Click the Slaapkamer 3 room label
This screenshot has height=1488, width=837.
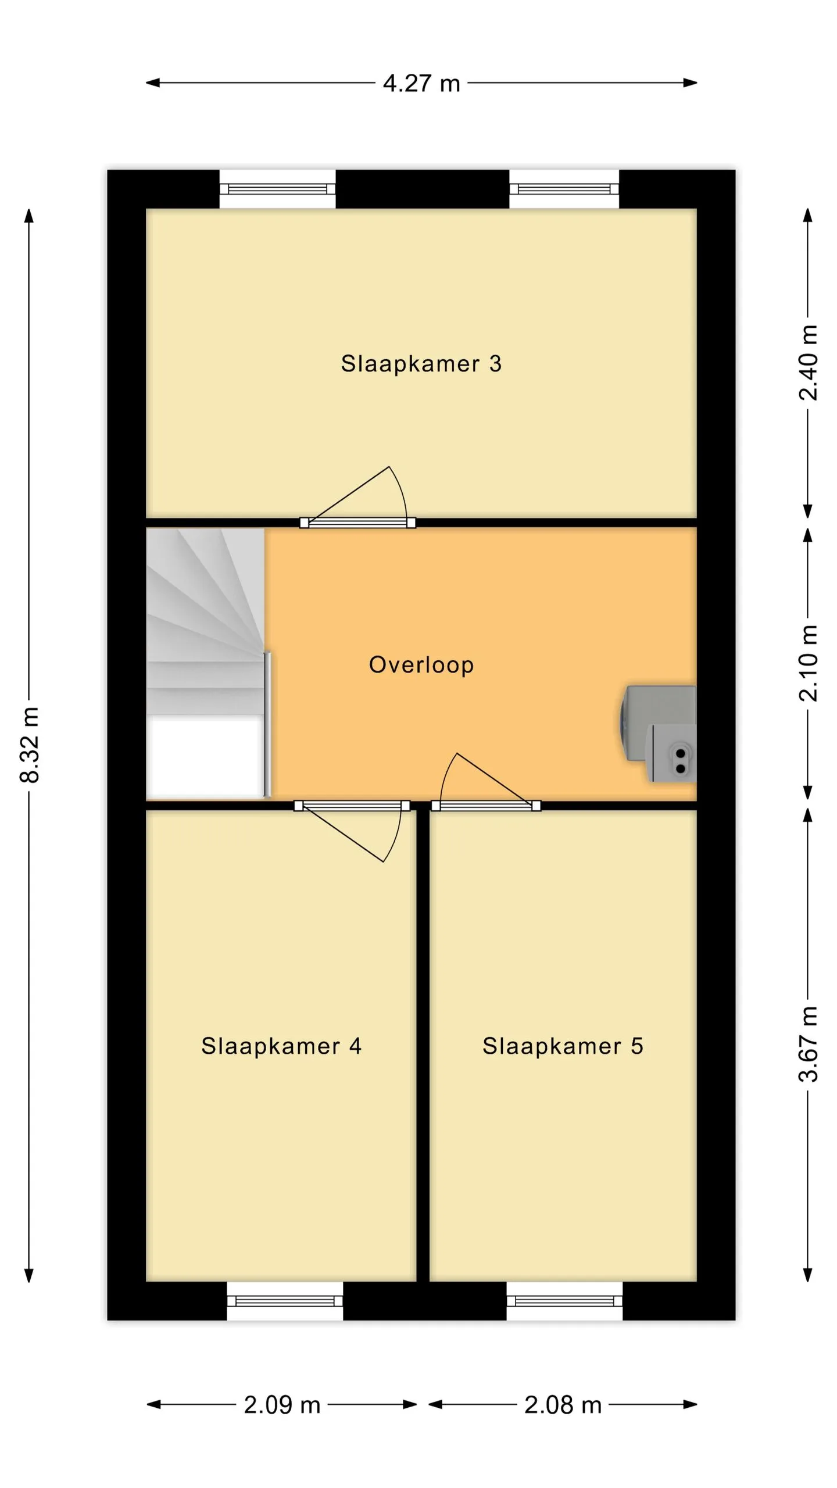click(x=421, y=364)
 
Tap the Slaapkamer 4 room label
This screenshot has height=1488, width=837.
click(x=281, y=1046)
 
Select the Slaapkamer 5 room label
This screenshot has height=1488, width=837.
click(x=563, y=1046)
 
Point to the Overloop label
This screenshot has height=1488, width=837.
click(x=421, y=665)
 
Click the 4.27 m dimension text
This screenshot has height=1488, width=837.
click(x=421, y=83)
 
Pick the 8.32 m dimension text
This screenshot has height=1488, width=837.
click(x=30, y=745)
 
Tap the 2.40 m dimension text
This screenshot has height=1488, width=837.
click(x=808, y=363)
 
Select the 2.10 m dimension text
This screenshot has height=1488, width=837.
click(x=808, y=664)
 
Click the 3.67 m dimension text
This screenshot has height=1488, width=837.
click(x=808, y=1044)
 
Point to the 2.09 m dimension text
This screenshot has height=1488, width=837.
click(x=282, y=1405)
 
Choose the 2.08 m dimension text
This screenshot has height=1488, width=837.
click(x=563, y=1405)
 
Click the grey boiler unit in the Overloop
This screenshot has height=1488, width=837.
click(x=658, y=734)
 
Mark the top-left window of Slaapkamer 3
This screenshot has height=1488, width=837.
click(x=277, y=189)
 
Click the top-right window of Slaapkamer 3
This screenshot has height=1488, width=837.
click(x=564, y=189)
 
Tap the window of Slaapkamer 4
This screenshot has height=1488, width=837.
click(x=285, y=1301)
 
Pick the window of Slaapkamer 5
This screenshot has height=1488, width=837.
click(x=564, y=1301)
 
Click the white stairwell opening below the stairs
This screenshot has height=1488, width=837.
click(x=204, y=757)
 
